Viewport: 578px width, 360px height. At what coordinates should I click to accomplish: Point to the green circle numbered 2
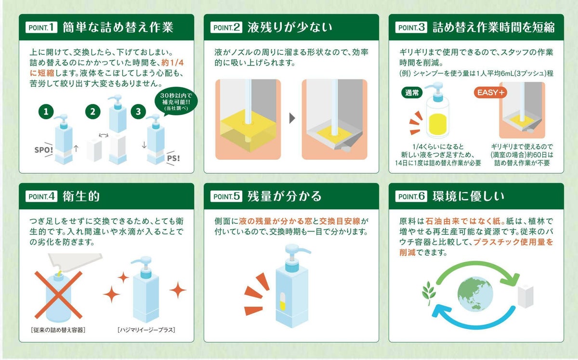[x=93, y=112]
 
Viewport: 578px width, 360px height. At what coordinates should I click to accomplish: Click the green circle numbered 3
[x=139, y=112]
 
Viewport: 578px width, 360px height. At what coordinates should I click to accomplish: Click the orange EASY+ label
[x=491, y=92]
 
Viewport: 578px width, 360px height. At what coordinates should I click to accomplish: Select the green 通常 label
[x=412, y=92]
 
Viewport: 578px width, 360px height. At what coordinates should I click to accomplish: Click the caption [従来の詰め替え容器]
[x=58, y=330]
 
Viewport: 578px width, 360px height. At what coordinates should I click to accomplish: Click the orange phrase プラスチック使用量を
[x=513, y=242]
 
